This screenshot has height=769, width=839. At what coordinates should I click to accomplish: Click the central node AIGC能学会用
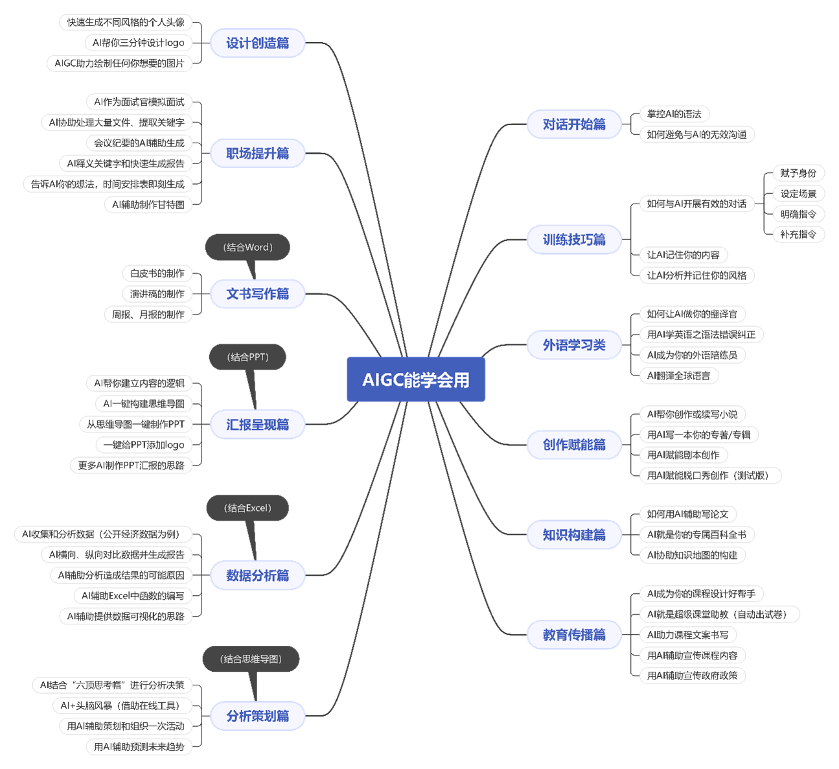coord(416,379)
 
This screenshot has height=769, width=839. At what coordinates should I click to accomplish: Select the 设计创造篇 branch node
coord(257,43)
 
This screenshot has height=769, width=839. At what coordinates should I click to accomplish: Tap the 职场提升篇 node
coord(257,154)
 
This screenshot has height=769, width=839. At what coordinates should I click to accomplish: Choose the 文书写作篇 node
coord(257,294)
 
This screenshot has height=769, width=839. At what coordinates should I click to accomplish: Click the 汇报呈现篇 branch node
coord(257,425)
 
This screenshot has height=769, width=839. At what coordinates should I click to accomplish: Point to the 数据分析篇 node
coord(257,575)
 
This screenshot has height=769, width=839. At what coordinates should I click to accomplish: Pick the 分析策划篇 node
coord(257,716)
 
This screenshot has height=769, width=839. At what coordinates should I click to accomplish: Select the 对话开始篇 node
coord(574,124)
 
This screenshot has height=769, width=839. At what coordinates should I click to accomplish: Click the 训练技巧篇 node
coord(574,239)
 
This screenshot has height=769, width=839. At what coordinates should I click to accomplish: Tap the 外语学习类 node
coord(574,345)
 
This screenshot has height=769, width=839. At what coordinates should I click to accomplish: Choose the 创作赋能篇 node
coord(574,444)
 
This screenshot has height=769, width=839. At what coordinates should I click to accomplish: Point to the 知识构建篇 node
coord(574,535)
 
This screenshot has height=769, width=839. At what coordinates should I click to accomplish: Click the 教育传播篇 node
coord(574,634)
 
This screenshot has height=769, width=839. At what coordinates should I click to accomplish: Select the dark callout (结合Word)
coord(247,247)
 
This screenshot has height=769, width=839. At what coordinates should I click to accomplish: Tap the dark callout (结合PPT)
coord(247,357)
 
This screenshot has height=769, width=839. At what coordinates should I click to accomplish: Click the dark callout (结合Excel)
coord(247,508)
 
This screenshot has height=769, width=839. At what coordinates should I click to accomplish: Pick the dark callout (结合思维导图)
coord(251,659)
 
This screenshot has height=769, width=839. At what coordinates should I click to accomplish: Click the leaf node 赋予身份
coord(798,173)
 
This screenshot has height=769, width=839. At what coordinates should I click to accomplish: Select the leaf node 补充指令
coord(798,234)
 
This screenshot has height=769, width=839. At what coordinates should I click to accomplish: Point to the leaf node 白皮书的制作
coord(157,274)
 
